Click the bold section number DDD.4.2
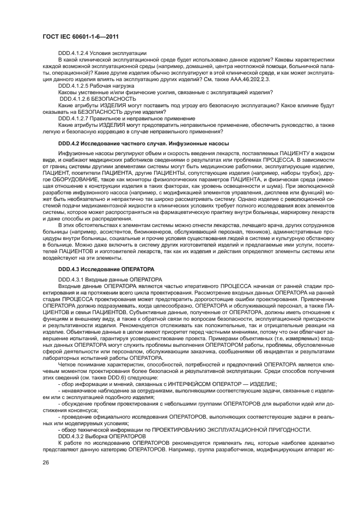tap(69, 143)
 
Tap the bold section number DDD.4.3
tap(69, 269)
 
